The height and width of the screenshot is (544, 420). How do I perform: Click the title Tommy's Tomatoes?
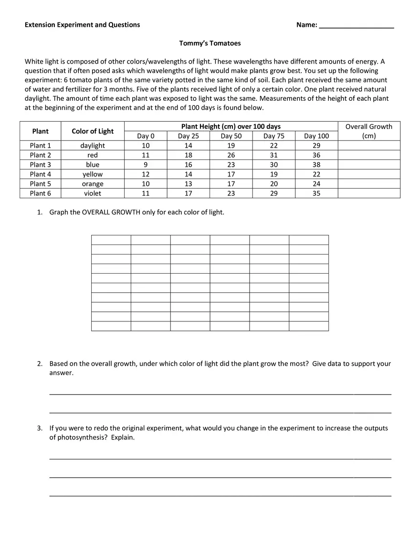[x=210, y=43]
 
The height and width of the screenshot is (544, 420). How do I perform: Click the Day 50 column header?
[x=231, y=136]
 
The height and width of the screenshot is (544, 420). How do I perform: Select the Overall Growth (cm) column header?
[x=368, y=131]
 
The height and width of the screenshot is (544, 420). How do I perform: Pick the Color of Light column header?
[x=93, y=131]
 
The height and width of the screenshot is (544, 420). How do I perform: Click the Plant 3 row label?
[x=41, y=165]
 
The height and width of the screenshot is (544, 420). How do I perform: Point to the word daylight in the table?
[x=93, y=146]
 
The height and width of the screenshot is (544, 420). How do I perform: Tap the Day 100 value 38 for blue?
[x=316, y=165]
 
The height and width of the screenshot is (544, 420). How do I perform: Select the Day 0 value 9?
[x=146, y=165]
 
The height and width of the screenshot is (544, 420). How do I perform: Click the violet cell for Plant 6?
[x=93, y=193]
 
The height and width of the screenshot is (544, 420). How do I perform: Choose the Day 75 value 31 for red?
[x=273, y=155]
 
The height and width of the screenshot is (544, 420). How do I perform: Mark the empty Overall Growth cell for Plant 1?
[x=368, y=146]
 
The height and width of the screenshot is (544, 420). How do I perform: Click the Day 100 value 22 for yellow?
[x=316, y=174]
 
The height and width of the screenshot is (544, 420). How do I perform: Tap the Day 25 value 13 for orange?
[x=188, y=184]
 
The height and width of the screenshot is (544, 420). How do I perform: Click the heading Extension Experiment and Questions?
[x=83, y=25]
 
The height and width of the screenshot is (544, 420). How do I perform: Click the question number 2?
[x=40, y=364]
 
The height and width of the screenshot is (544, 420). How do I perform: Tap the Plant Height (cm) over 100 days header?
[x=231, y=127]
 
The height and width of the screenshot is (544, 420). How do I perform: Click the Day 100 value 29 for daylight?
[x=316, y=146]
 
